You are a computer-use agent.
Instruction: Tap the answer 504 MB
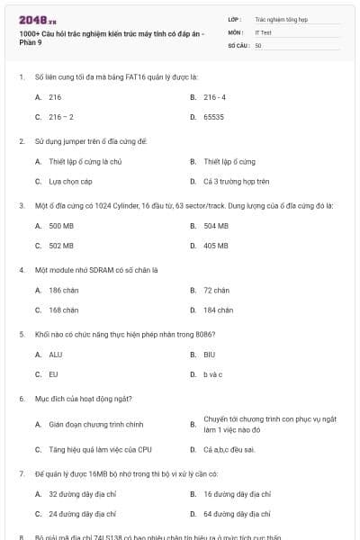tap(215, 226)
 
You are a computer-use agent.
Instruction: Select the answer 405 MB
tap(215, 246)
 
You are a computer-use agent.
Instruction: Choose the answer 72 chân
tap(216, 291)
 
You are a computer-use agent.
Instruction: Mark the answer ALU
tap(56, 355)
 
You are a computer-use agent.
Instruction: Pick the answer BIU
tap(209, 355)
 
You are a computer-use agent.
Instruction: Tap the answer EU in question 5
tap(53, 374)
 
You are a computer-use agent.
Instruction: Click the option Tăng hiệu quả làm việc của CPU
tap(100, 449)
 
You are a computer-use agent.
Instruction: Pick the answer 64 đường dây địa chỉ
tap(237, 514)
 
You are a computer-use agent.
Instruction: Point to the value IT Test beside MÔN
tap(263, 31)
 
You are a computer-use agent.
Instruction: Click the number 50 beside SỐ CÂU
tap(258, 44)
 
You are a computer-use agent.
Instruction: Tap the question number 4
tap(21, 269)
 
